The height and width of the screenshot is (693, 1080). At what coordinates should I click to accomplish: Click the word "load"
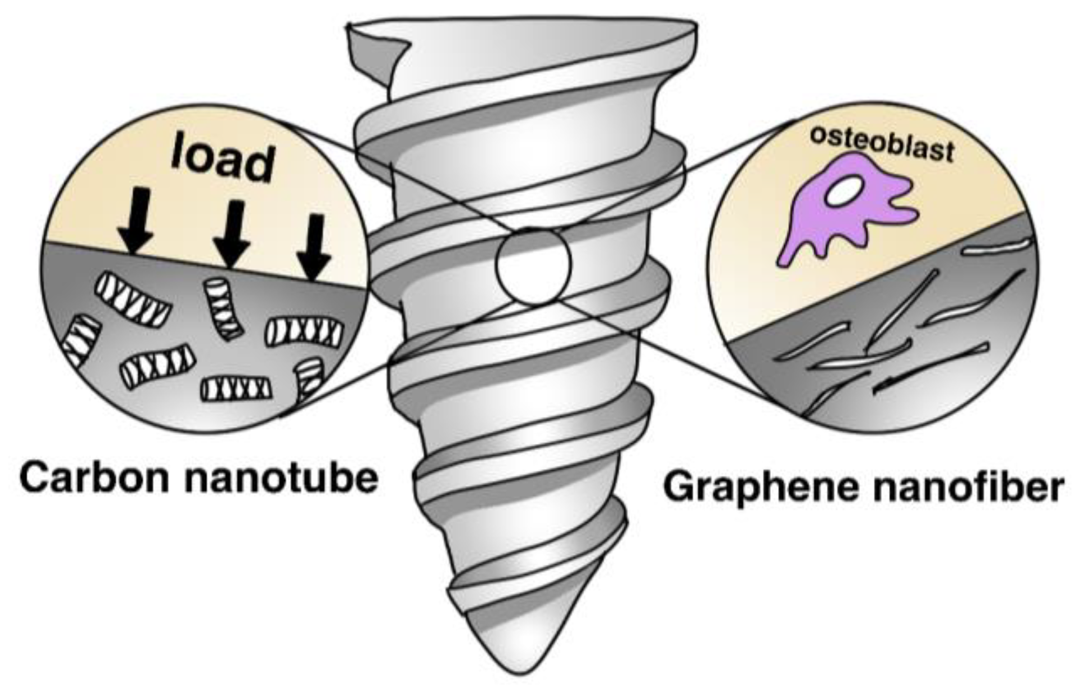click(x=223, y=158)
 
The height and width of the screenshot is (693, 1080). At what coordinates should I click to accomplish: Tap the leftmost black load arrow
click(x=136, y=221)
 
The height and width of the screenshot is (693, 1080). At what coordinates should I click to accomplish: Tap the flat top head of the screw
click(x=521, y=34)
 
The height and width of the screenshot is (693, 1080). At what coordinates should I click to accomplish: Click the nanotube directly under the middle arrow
click(x=223, y=308)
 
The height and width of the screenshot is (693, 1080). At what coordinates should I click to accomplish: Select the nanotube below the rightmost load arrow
click(x=304, y=332)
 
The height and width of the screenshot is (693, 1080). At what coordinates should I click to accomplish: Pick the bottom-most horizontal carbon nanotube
click(x=236, y=388)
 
